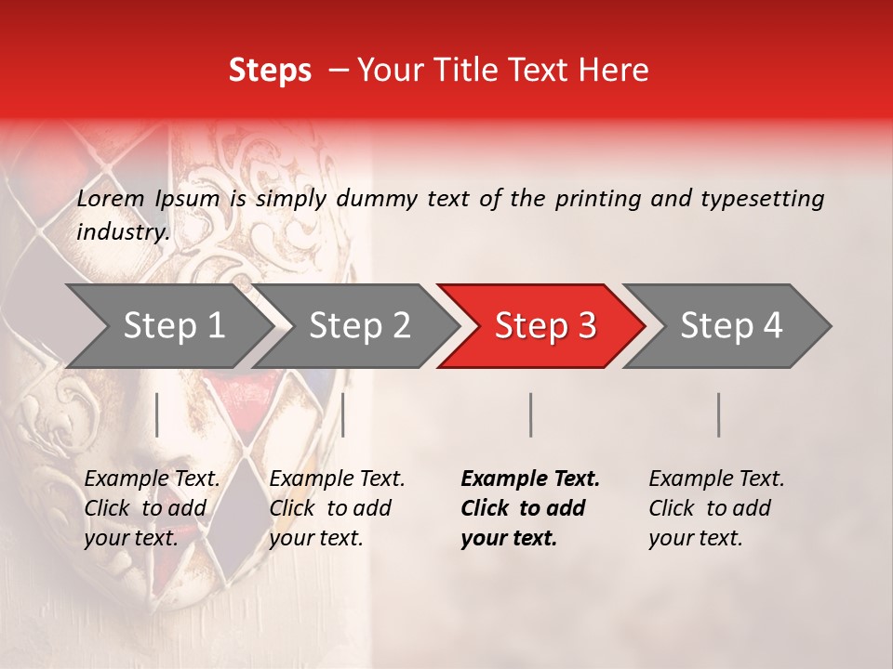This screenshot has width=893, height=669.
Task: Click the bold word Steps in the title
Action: (270, 70)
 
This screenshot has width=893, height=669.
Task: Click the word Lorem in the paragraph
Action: (110, 198)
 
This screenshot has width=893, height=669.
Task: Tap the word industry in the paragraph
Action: (123, 231)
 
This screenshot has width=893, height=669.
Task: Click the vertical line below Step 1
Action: (157, 414)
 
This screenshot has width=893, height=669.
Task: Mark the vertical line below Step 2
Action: (343, 414)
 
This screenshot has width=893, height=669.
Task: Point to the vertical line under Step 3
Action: (530, 414)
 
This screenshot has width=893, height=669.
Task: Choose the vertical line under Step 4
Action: (718, 414)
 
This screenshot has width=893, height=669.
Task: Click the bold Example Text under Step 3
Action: (530, 479)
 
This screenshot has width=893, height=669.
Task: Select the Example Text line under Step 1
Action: (153, 479)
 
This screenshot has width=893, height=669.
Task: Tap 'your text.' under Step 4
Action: (695, 538)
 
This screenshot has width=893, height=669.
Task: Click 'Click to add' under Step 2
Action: (330, 508)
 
